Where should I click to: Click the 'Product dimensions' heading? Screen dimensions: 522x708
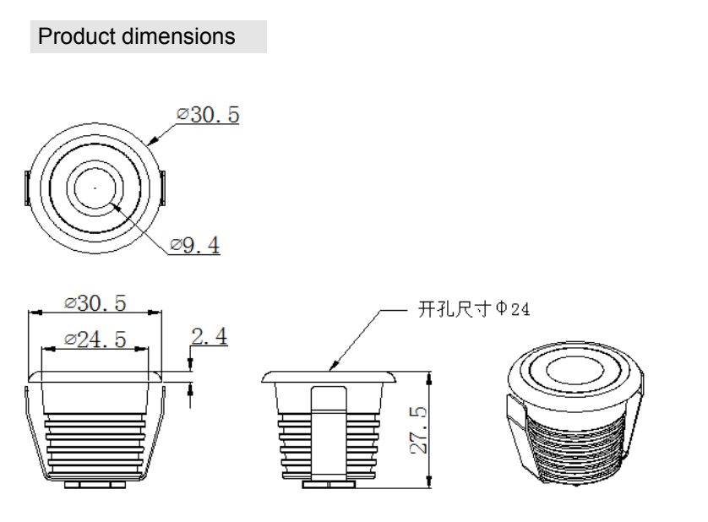pyautogui.click(x=137, y=37)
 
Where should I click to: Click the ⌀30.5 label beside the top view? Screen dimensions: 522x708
pyautogui.click(x=207, y=114)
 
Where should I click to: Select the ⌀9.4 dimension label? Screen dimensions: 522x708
pyautogui.click(x=194, y=246)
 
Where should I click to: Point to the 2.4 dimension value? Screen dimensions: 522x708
pyautogui.click(x=209, y=337)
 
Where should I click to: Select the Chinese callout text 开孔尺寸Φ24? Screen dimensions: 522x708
pyautogui.click(x=474, y=310)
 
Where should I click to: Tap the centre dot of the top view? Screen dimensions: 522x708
pyautogui.click(x=95, y=186)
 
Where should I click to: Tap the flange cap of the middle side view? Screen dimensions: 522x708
pyautogui.click(x=328, y=376)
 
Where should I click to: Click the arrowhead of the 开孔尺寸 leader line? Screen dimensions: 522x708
pyautogui.click(x=332, y=367)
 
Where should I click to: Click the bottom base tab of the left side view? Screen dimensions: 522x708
pyautogui.click(x=95, y=484)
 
